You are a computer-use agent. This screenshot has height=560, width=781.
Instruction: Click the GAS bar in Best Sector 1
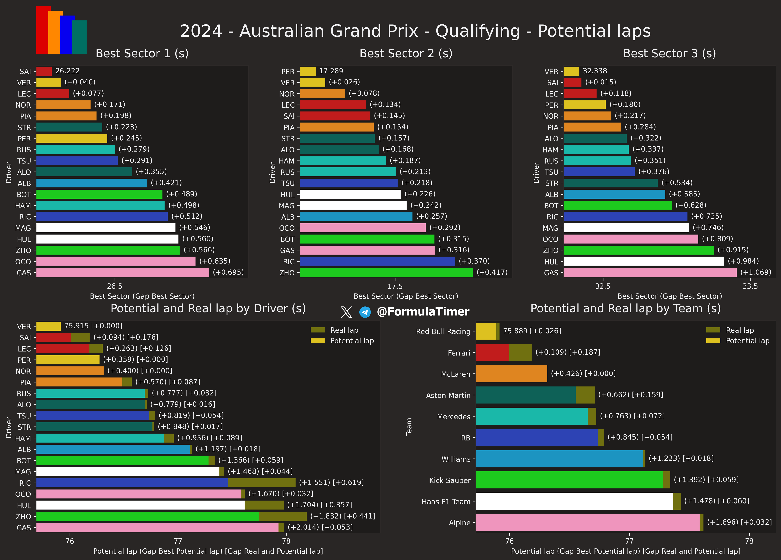pyautogui.click(x=123, y=272)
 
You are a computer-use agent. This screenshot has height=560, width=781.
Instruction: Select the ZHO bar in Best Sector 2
pyautogui.click(x=386, y=272)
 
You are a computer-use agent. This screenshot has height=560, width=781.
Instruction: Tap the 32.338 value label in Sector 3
pyautogui.click(x=595, y=71)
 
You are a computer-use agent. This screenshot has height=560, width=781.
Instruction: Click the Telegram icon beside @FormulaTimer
pyautogui.click(x=365, y=312)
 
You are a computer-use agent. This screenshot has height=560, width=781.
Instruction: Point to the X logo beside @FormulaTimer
pyautogui.click(x=346, y=312)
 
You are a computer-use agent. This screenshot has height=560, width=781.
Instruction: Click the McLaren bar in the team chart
pyautogui.click(x=511, y=374)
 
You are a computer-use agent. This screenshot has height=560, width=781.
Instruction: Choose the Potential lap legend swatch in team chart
pyautogui.click(x=713, y=341)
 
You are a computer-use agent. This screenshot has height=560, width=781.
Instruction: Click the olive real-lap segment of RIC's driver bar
pyautogui.click(x=262, y=483)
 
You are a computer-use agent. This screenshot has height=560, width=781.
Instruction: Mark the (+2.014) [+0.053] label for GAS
pyautogui.click(x=320, y=527)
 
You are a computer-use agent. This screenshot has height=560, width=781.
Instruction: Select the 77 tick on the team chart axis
pyautogui.click(x=629, y=541)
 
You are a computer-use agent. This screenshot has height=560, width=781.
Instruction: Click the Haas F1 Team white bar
pyautogui.click(x=574, y=501)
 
